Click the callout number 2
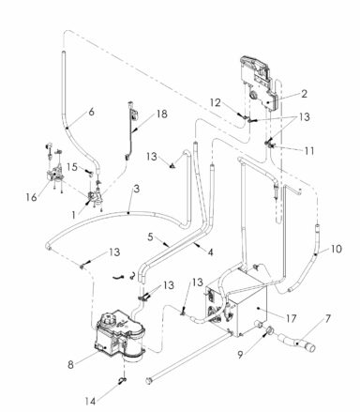(303, 94)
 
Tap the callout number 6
(91, 111)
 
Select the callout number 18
(162, 113)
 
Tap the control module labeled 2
(259, 84)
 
